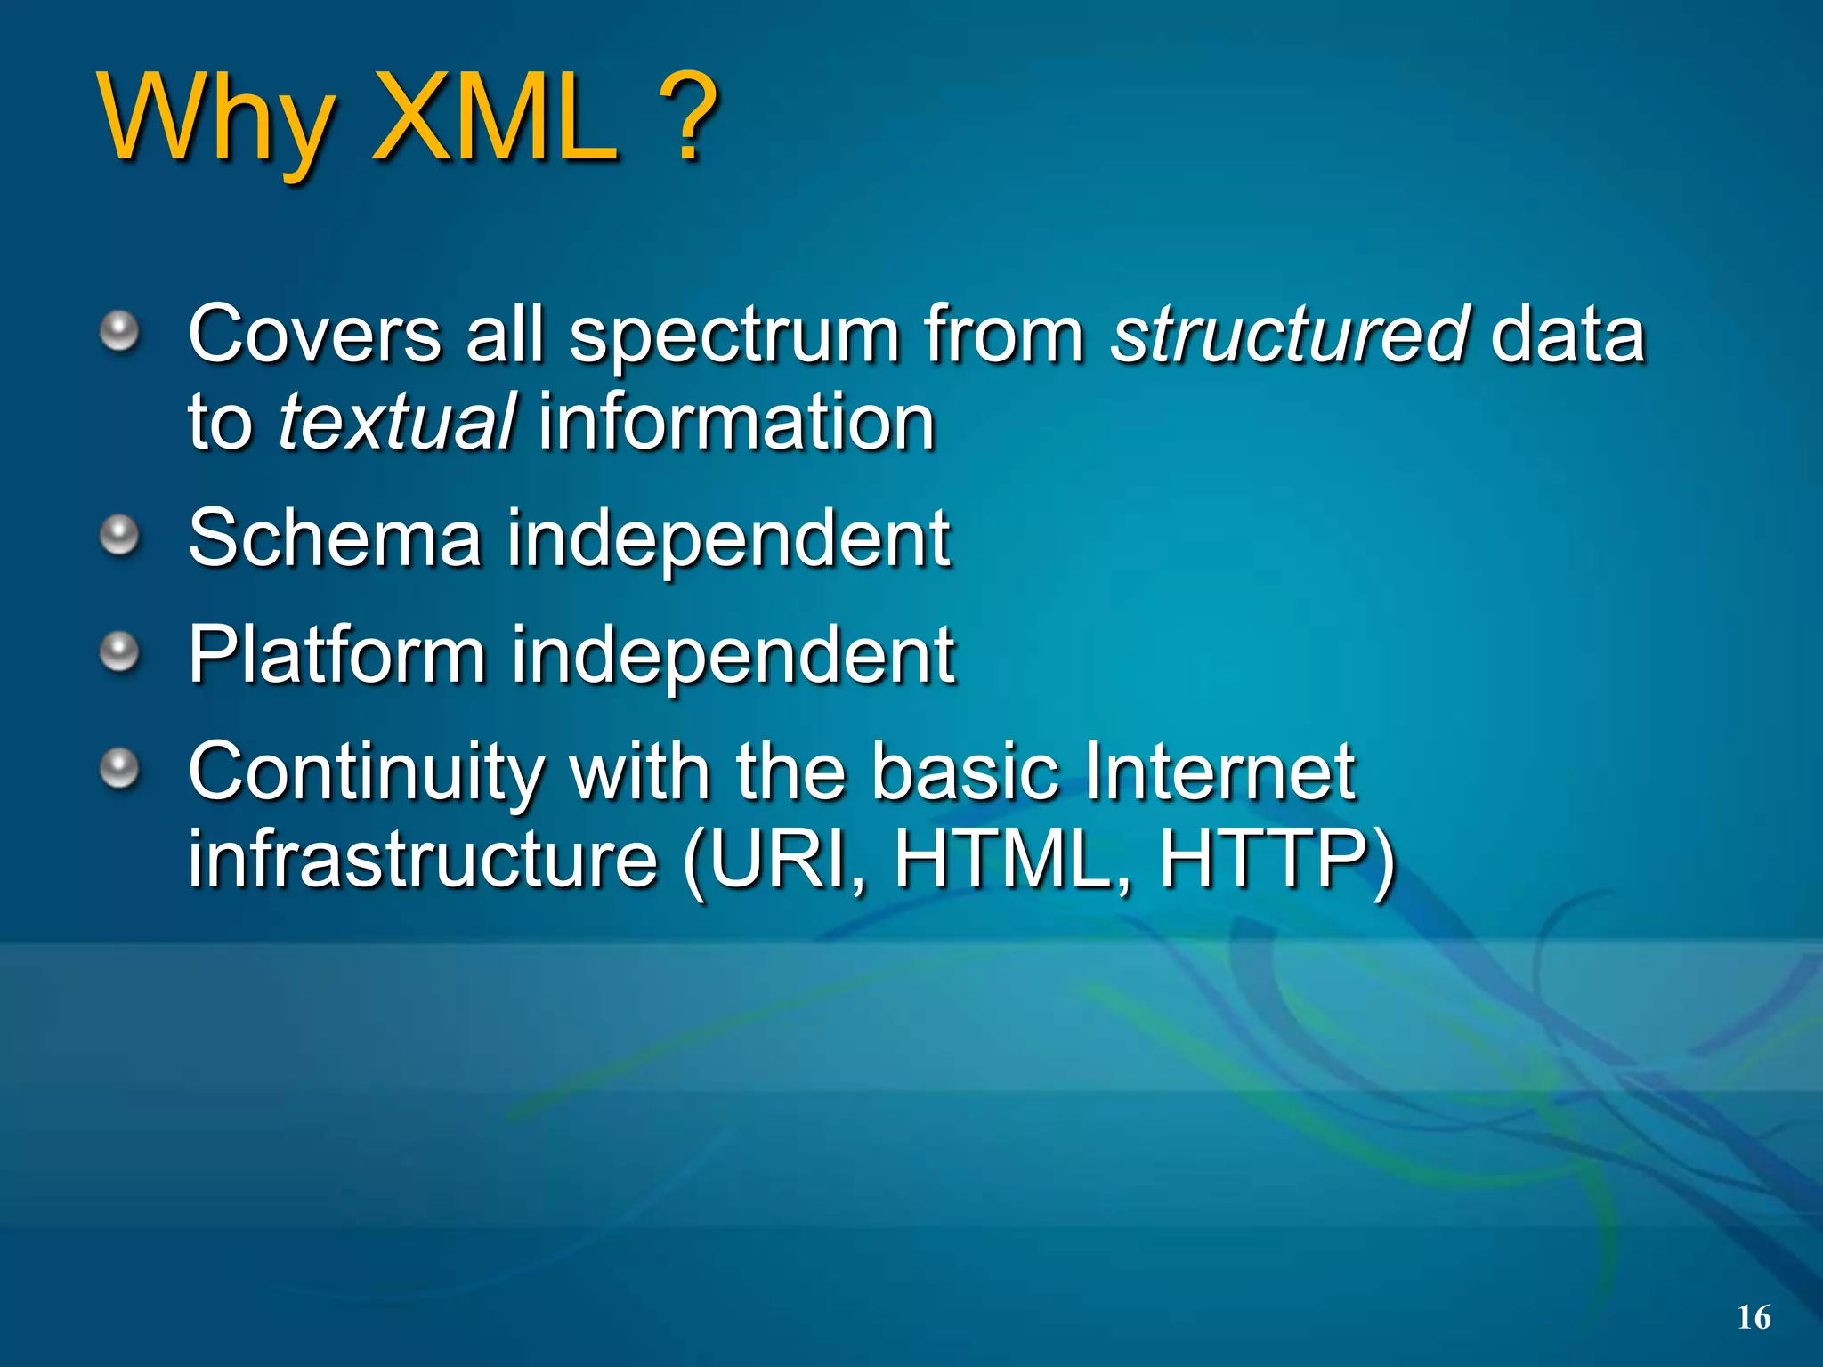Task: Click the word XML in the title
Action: click(x=495, y=117)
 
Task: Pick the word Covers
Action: click(x=315, y=336)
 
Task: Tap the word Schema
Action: click(x=335, y=538)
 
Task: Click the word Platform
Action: click(x=336, y=657)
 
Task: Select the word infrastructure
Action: click(x=423, y=859)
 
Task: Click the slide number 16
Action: click(x=1754, y=1317)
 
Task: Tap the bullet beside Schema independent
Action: click(x=119, y=535)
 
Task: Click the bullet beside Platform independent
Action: click(x=119, y=652)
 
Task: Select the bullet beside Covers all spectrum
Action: click(x=119, y=332)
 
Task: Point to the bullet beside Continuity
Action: click(x=119, y=768)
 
